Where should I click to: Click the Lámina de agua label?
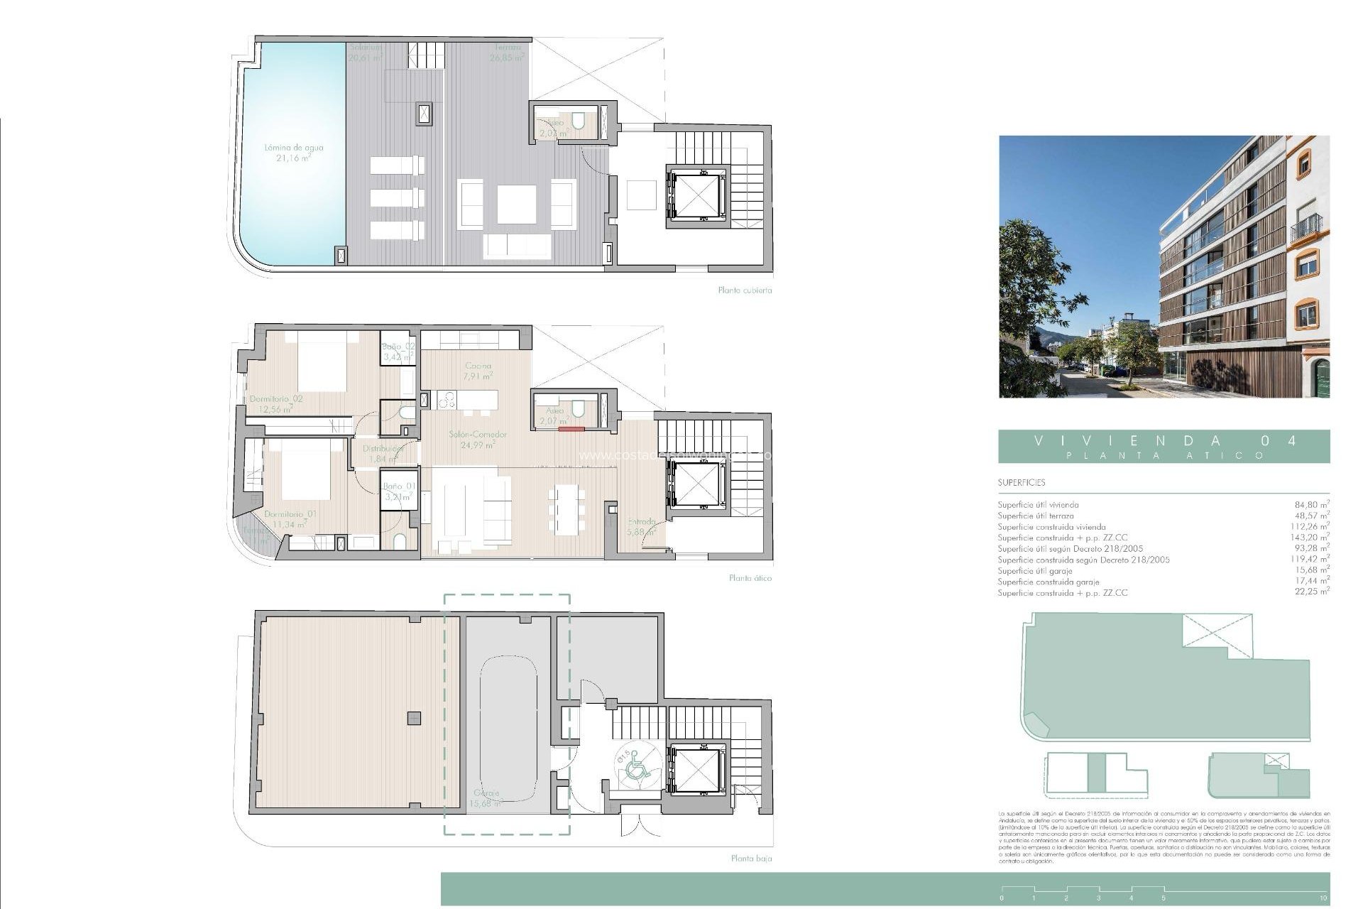click(293, 148)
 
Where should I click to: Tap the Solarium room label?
click(365, 48)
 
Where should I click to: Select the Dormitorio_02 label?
click(276, 399)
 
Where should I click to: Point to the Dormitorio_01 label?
click(290, 513)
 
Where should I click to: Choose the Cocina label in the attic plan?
click(477, 366)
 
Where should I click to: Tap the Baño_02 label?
click(399, 347)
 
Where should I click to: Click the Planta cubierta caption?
click(744, 290)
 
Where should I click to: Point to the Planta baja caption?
click(751, 859)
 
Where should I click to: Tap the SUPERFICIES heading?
click(1021, 483)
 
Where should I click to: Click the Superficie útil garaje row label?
click(1034, 571)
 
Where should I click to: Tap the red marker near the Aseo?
click(570, 429)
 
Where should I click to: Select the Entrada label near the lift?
click(641, 521)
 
